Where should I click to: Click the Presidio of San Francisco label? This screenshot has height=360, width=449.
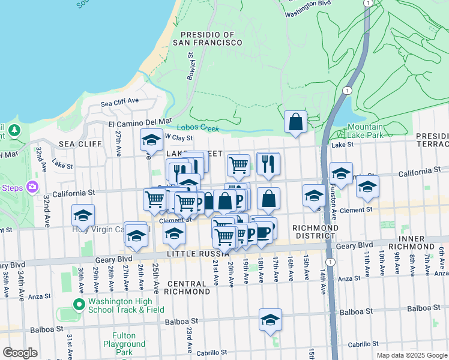207,38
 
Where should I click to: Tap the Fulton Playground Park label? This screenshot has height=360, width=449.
128,344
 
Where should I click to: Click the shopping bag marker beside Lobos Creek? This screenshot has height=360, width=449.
295,121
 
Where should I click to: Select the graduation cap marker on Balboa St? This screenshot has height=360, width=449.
271,319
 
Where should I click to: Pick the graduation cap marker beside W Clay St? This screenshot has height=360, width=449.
151,140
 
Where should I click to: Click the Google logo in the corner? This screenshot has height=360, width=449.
20,353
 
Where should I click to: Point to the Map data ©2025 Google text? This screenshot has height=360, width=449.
411,355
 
